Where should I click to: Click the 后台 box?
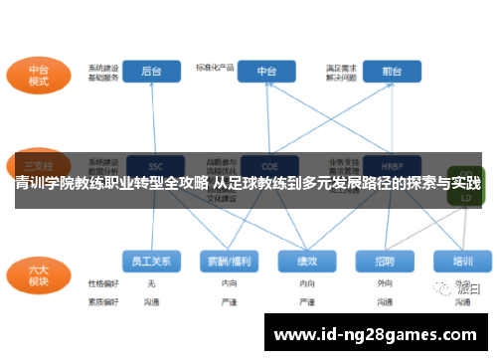click(x=152, y=71)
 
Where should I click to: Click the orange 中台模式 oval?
click(x=38, y=76)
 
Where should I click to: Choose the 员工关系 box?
click(x=152, y=261)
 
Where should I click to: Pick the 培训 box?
click(x=462, y=261)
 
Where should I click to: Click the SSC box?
click(x=154, y=165)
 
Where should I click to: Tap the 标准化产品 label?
click(x=213, y=69)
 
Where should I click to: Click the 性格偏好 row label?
click(x=102, y=283)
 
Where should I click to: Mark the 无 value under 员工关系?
click(x=151, y=283)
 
